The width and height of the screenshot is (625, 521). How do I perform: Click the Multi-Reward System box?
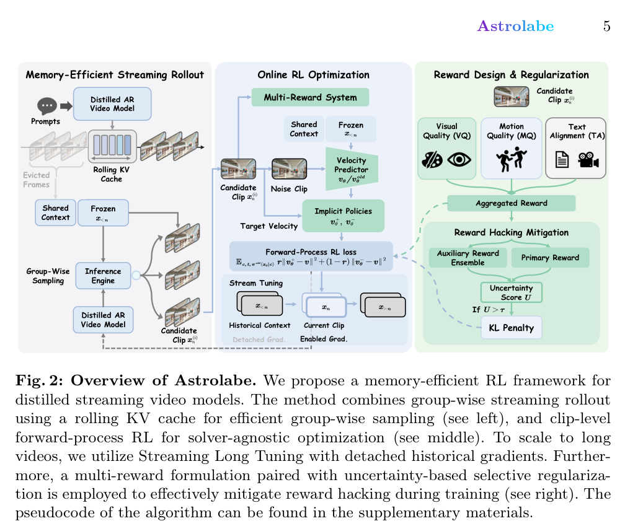[310, 97]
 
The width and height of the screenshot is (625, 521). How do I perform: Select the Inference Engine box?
[103, 276]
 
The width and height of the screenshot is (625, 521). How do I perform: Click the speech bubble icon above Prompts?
[47, 107]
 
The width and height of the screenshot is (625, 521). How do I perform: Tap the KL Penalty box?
[512, 328]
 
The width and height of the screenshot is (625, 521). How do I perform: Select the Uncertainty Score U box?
[512, 292]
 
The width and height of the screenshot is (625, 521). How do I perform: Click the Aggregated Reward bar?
[511, 203]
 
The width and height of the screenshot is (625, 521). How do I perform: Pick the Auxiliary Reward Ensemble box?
[468, 257]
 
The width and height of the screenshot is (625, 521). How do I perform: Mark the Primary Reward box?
[550, 257]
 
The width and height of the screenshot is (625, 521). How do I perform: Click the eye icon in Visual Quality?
[459, 160]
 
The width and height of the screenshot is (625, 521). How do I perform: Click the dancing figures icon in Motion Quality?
[511, 160]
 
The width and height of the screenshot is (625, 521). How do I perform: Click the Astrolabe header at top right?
[515, 26]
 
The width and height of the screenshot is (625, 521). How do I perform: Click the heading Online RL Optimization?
[313, 75]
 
